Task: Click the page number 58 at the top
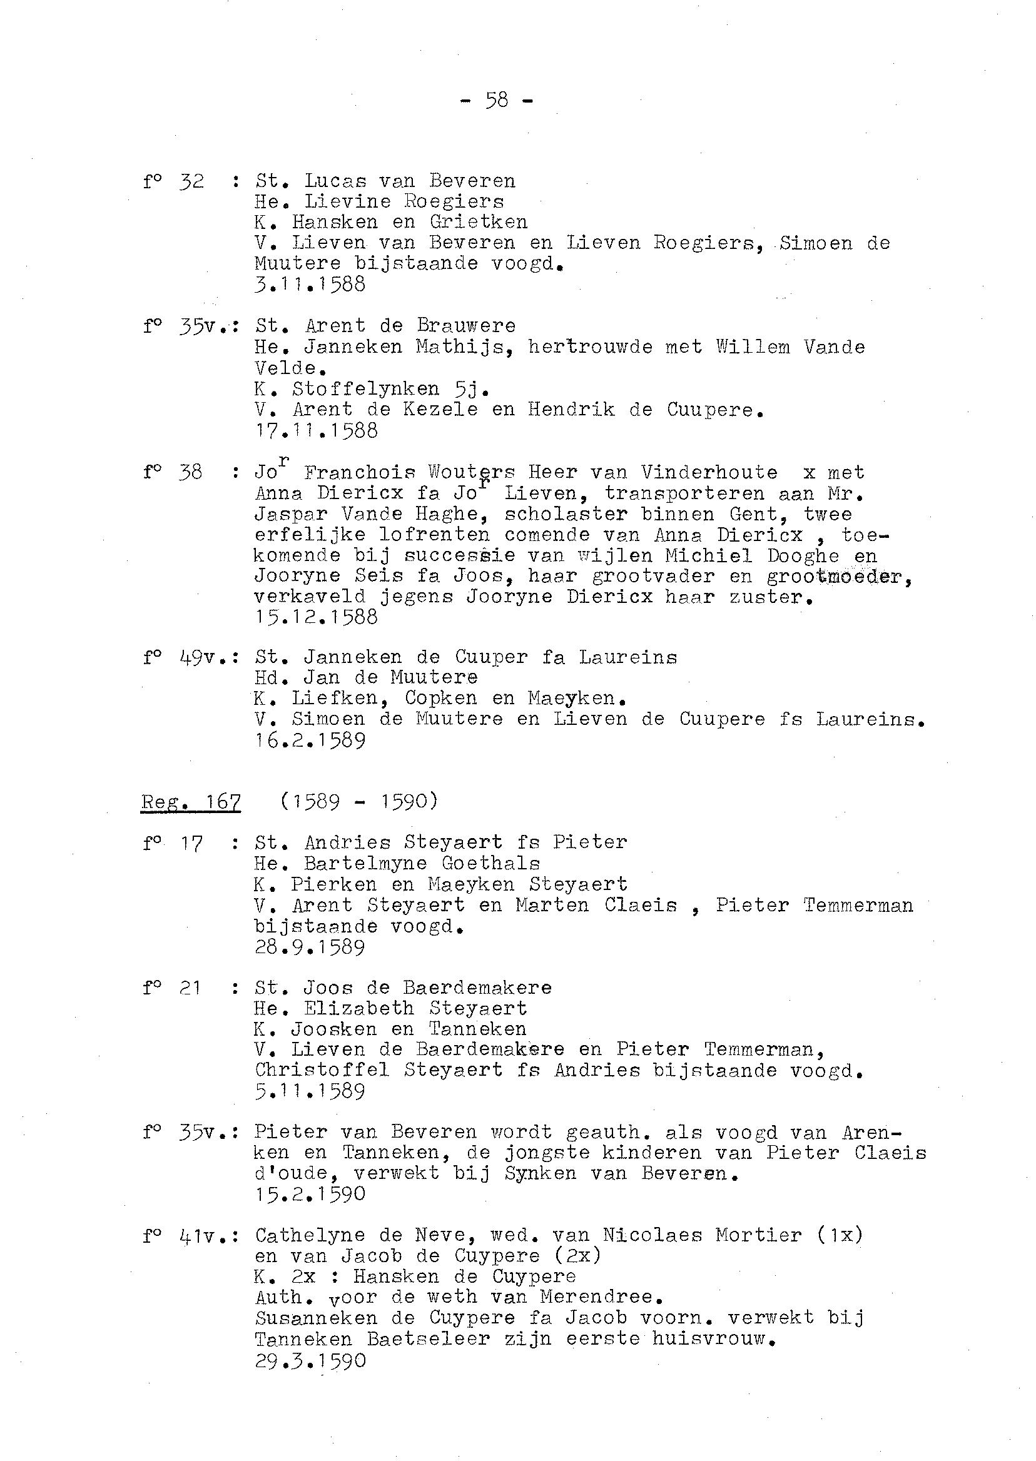pos(497,100)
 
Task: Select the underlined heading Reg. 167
pos(191,801)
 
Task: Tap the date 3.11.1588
pos(310,285)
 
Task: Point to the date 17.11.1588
pos(317,430)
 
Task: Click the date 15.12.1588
pos(317,617)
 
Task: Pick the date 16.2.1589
pos(310,741)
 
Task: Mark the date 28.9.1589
pos(310,947)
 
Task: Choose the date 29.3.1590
pos(311,1361)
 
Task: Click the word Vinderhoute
pos(709,473)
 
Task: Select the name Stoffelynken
pos(366,388)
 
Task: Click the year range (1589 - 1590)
pos(359,801)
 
